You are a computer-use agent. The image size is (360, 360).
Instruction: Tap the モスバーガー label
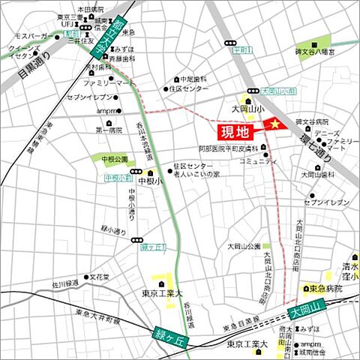(31, 35)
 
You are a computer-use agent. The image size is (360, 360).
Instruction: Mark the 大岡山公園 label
(244, 245)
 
